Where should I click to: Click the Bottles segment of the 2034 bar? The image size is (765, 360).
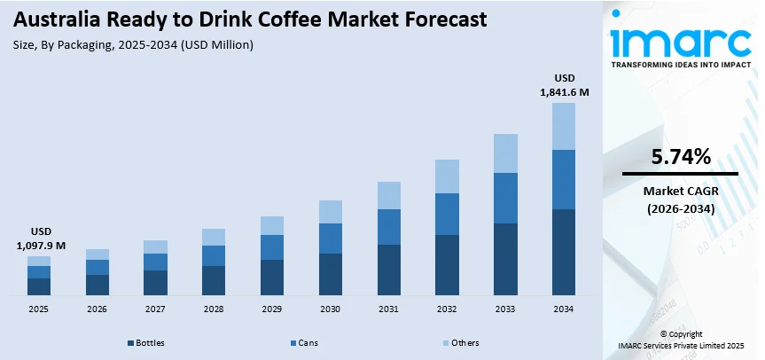(x=563, y=252)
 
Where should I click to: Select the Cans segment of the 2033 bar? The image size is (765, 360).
(x=504, y=198)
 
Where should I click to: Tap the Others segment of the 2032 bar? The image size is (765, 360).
(x=447, y=176)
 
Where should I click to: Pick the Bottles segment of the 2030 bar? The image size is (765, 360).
(x=330, y=274)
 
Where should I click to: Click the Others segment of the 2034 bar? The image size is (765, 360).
(x=563, y=126)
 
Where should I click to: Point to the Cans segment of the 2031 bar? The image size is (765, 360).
(x=388, y=227)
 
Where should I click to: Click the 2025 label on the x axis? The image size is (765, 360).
(x=38, y=309)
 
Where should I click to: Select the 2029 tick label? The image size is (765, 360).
(x=271, y=309)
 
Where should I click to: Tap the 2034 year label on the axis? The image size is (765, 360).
(x=563, y=309)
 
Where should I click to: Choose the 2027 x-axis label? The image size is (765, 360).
(x=155, y=309)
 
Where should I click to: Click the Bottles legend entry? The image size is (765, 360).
(x=147, y=342)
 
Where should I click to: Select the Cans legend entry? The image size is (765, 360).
(x=305, y=342)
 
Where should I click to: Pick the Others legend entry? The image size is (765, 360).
(x=460, y=342)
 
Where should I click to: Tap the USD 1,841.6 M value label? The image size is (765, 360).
(x=565, y=83)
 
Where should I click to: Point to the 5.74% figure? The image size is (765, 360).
(x=680, y=157)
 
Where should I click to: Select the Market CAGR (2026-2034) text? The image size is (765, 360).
(x=680, y=200)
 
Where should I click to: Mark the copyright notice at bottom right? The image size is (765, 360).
(x=681, y=340)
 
